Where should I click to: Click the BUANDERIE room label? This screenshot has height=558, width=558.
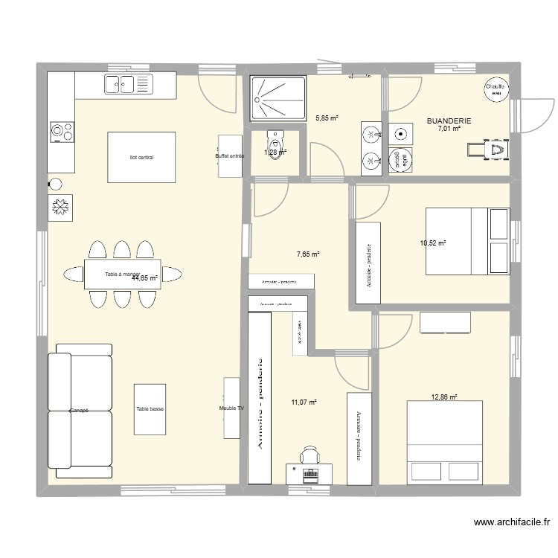(449, 121)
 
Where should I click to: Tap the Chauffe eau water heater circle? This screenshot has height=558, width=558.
(496, 89)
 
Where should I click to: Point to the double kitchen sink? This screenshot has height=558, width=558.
(128, 85)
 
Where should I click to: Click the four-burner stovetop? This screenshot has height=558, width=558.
(61, 132)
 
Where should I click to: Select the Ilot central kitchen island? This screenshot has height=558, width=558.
(141, 157)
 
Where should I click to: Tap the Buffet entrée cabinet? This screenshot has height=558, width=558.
(230, 155)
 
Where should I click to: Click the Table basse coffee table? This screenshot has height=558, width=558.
(150, 408)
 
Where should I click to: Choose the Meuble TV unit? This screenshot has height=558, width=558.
(231, 408)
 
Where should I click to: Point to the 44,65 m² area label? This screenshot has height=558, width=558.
(145, 279)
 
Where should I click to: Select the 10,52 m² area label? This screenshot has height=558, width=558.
(432, 243)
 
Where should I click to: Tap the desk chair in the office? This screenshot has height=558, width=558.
(310, 455)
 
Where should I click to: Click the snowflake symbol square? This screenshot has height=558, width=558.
(60, 208)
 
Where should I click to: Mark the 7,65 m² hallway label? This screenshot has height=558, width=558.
(308, 254)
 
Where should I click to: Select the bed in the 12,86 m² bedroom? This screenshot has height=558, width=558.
(444, 442)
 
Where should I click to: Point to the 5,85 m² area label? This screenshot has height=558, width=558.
(327, 118)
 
